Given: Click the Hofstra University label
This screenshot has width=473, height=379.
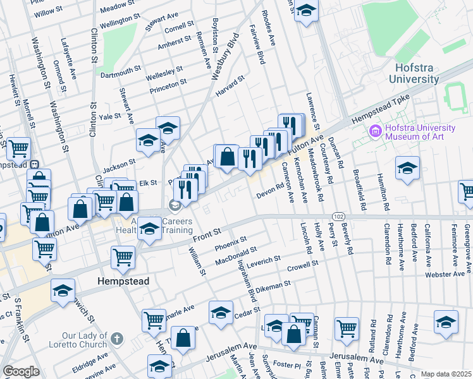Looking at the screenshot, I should (415, 73).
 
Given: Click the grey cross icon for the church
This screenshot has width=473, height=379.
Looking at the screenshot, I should (116, 340).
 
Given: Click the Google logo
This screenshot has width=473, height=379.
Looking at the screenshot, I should (21, 371).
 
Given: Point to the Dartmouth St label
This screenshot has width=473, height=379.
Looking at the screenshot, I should (120, 72).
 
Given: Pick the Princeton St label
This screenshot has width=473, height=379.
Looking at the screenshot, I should (168, 85).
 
